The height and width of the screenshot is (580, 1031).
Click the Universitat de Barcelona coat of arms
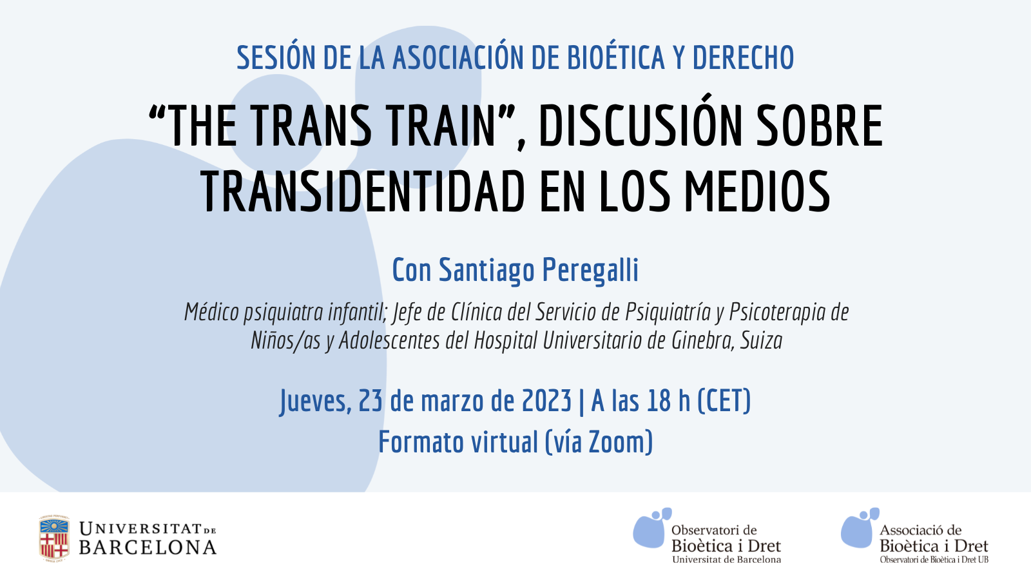[54, 539]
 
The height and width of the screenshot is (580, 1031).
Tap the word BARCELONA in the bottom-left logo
[148, 548]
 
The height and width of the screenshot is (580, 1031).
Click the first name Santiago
[487, 271]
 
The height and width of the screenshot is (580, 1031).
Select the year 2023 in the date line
[547, 400]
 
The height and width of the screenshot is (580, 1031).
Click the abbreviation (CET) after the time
[724, 401]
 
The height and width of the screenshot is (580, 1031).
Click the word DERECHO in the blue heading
[743, 58]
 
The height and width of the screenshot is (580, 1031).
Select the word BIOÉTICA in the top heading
[615, 57]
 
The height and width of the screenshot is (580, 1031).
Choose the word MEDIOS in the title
[757, 191]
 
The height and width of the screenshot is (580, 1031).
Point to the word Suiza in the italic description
[761, 341]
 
